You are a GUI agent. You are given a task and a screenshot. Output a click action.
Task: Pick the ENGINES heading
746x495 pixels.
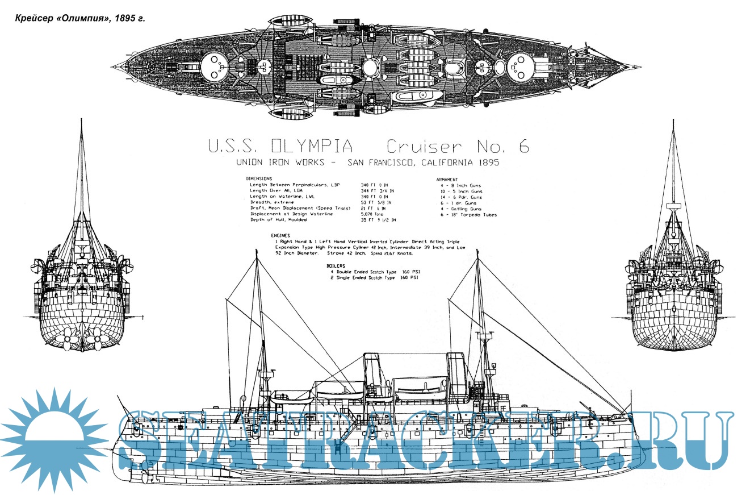point(281,235)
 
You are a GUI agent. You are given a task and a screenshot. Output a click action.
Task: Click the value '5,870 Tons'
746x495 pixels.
point(372,214)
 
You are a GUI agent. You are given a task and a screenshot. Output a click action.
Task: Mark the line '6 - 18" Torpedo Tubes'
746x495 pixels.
point(468,214)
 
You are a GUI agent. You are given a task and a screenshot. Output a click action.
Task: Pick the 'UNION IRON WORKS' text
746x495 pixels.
point(280,163)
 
